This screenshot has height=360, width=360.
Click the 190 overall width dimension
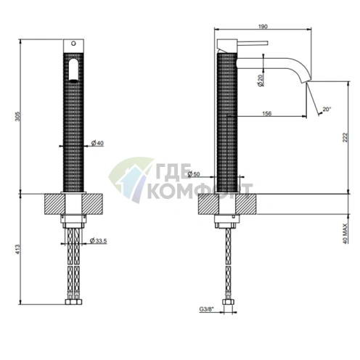(x=263, y=26)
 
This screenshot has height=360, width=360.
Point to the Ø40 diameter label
(x=97, y=143)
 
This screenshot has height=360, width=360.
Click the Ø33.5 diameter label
(x=98, y=240)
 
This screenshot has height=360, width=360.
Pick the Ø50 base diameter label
(x=194, y=173)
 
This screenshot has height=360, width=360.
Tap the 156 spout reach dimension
(x=266, y=113)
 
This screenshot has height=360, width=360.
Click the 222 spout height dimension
(x=345, y=137)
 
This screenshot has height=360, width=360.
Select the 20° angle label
(x=327, y=109)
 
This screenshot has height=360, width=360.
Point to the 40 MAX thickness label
(x=345, y=233)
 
